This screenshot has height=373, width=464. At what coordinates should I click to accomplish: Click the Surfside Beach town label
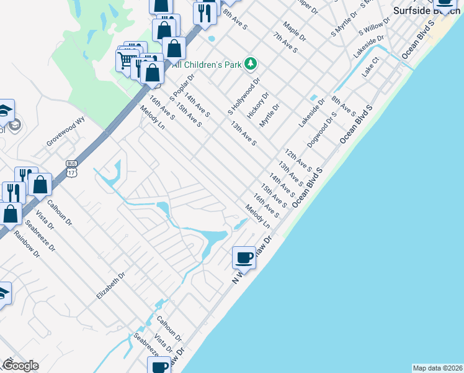(426, 11)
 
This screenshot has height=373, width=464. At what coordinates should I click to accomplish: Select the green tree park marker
(250, 63)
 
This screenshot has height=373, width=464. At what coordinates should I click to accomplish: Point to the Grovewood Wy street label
(66, 133)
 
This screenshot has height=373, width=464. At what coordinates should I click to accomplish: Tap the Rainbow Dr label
(27, 245)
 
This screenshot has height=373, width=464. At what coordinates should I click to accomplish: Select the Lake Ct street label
(370, 69)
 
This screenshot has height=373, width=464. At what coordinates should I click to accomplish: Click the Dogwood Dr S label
(325, 126)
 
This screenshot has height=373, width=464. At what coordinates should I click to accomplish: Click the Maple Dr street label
(295, 32)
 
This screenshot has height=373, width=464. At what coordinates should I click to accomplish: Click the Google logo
(20, 366)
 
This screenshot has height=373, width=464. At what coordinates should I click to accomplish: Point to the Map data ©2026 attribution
(437, 368)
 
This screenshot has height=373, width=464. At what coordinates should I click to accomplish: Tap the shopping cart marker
(127, 60)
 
